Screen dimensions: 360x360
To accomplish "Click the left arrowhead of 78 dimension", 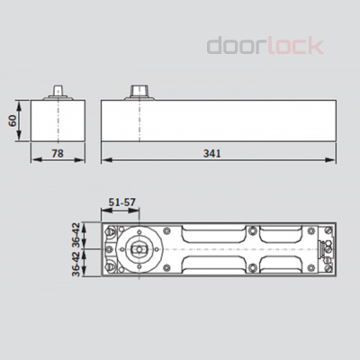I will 33,160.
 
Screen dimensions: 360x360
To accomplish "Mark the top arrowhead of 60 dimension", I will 23,101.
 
